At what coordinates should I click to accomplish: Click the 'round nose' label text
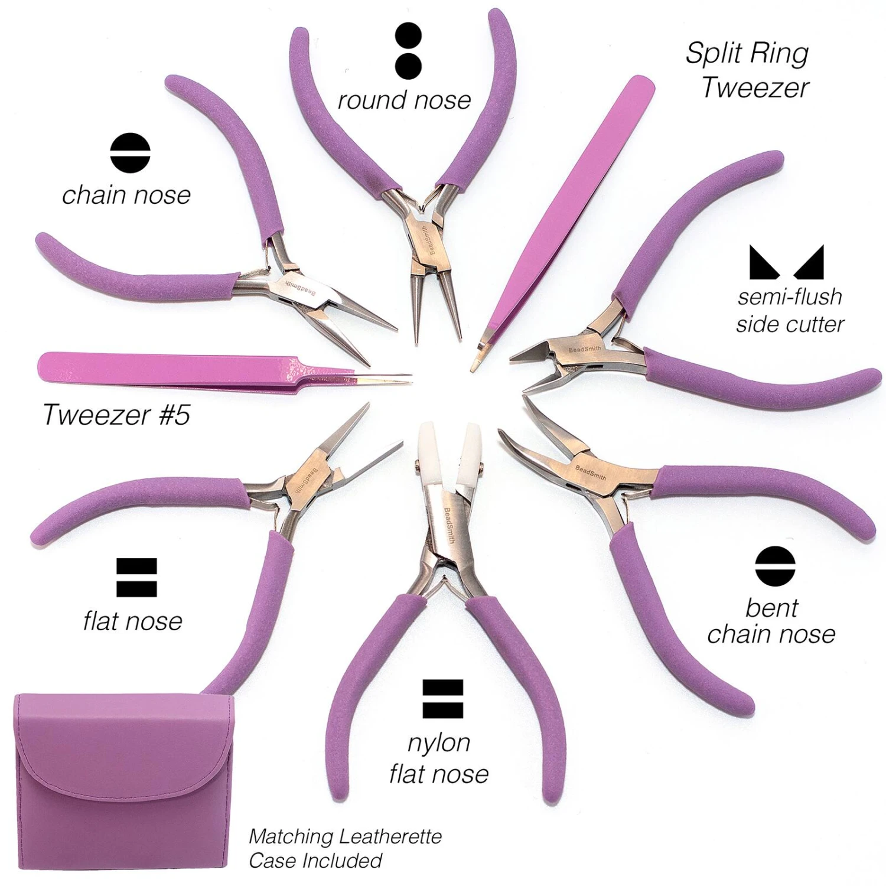(x=404, y=100)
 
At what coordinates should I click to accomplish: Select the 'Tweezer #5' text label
(x=116, y=414)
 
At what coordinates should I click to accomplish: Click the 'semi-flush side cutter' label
(x=790, y=310)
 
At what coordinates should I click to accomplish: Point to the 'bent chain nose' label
(x=771, y=621)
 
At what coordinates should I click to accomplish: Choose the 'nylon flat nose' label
(x=439, y=758)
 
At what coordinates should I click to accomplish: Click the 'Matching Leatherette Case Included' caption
(x=345, y=848)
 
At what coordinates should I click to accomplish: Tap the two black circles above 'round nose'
(x=408, y=51)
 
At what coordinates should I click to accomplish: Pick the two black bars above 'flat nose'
(x=136, y=577)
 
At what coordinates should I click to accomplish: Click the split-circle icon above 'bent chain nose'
(x=775, y=566)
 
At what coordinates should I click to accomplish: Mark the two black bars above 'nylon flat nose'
(x=442, y=699)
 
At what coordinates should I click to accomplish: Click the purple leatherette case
(x=118, y=786)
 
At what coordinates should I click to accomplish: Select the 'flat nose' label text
(x=133, y=621)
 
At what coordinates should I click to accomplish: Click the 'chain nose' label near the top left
(x=126, y=195)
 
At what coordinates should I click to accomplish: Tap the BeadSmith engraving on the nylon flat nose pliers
(x=452, y=520)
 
